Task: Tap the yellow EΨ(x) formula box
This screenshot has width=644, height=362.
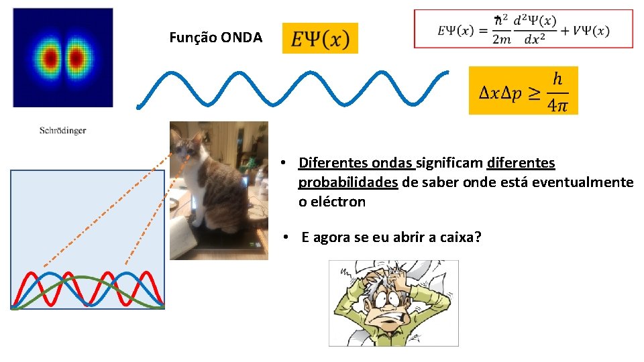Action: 320,39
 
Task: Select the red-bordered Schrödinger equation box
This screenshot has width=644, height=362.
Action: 523,29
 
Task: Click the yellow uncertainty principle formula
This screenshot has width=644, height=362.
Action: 523,90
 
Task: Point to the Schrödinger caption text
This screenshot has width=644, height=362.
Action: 62,131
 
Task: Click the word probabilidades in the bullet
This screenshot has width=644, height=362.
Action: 348,182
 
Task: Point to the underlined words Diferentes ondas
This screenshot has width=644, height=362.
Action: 357,163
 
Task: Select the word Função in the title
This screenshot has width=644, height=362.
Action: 189,38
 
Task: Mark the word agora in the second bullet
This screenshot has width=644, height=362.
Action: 331,237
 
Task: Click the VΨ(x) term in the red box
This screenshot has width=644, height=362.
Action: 591,31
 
